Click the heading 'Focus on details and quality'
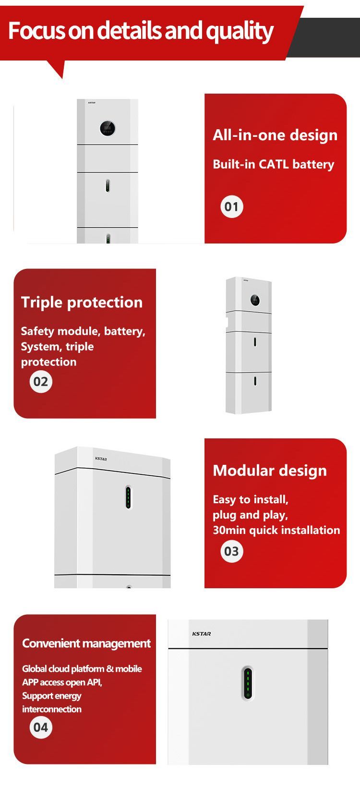pos(141,31)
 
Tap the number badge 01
pos(232,206)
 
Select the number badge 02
pos(41,381)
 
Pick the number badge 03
pos(232,551)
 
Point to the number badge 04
pos(41,727)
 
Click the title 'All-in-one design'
pos(275,135)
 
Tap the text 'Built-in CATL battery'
pos(274,165)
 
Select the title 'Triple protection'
pos(82,303)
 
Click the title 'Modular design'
pos(270,471)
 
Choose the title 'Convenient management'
pos(86,643)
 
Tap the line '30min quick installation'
pos(276,531)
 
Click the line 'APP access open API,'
pos(62,682)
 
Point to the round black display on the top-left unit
pos(108,128)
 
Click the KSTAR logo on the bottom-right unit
pos(202,633)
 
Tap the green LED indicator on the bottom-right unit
pos(248,683)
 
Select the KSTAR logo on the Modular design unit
pos(101,459)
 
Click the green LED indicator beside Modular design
pos(128,497)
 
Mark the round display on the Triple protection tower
pos(255,300)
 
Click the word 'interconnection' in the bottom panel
pos(52,709)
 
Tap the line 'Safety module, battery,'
pos(83,331)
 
